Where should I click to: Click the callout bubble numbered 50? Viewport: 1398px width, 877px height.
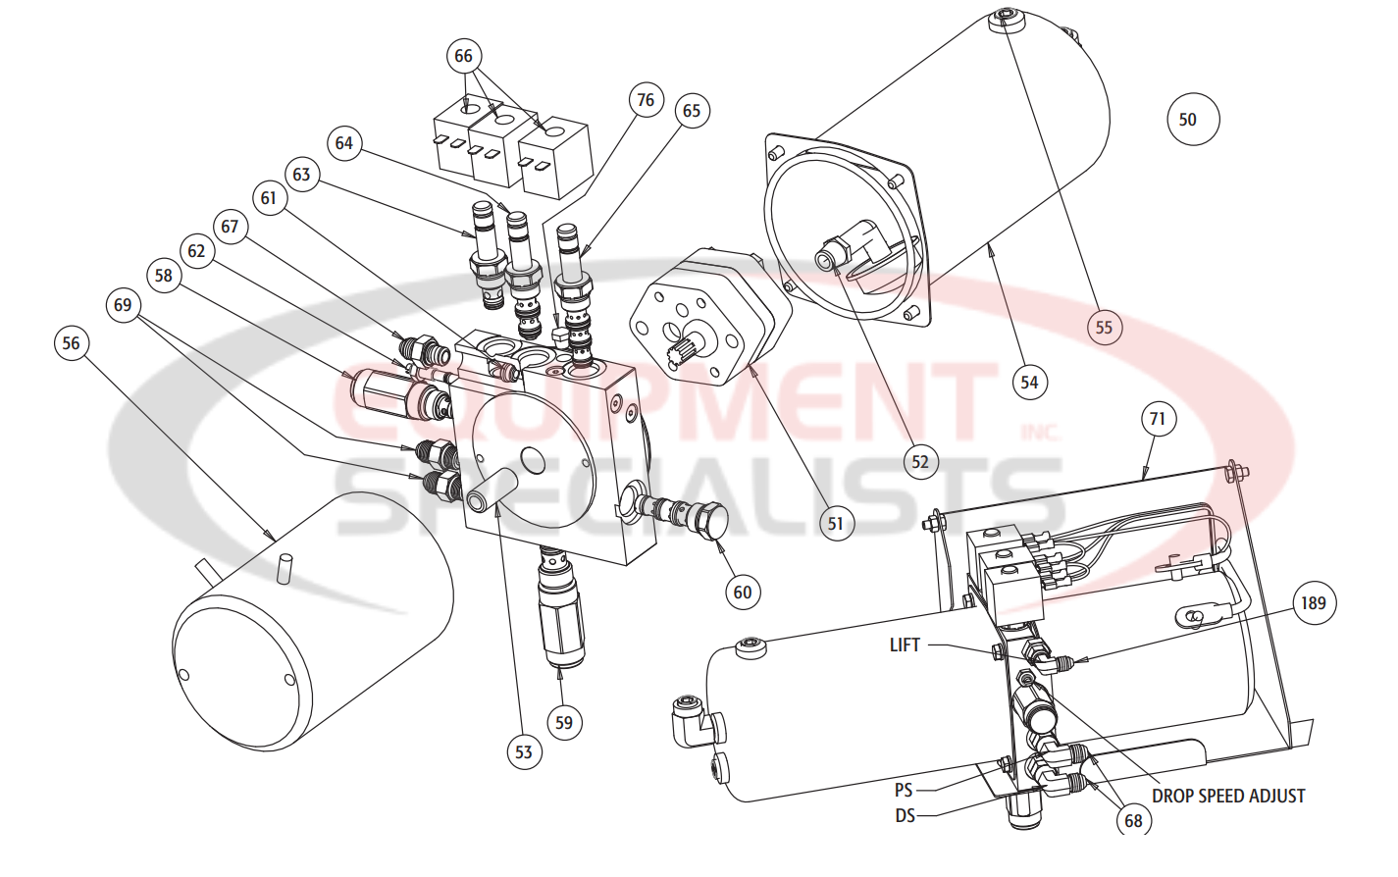pos(1193,120)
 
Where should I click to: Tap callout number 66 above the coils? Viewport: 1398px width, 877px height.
pos(463,56)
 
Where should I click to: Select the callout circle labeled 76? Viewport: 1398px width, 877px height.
pos(646,100)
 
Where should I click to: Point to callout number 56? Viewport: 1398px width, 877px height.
pos(72,343)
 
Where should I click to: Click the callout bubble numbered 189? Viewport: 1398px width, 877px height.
pos(1313,603)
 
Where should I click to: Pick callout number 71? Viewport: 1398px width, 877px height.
pos(1158,420)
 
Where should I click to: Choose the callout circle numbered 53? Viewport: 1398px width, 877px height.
pos(524,752)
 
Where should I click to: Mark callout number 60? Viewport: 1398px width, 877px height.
pos(743,592)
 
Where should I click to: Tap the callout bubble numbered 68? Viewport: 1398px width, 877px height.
pos(1133,820)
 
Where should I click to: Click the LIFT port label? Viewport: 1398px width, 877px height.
pos(905,645)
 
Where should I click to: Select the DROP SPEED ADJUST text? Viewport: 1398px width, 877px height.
pos(1228,796)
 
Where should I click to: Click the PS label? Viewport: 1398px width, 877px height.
pos(904,790)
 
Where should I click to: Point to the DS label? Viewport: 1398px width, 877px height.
pos(905,815)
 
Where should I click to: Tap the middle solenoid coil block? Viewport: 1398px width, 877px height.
pos(498,147)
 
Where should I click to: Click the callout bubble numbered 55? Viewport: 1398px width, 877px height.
pos(1104,328)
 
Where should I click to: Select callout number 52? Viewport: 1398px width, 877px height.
pos(919,462)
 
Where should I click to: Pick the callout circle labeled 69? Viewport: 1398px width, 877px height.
pos(123,305)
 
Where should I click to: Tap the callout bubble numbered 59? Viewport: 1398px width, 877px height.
pos(564,723)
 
